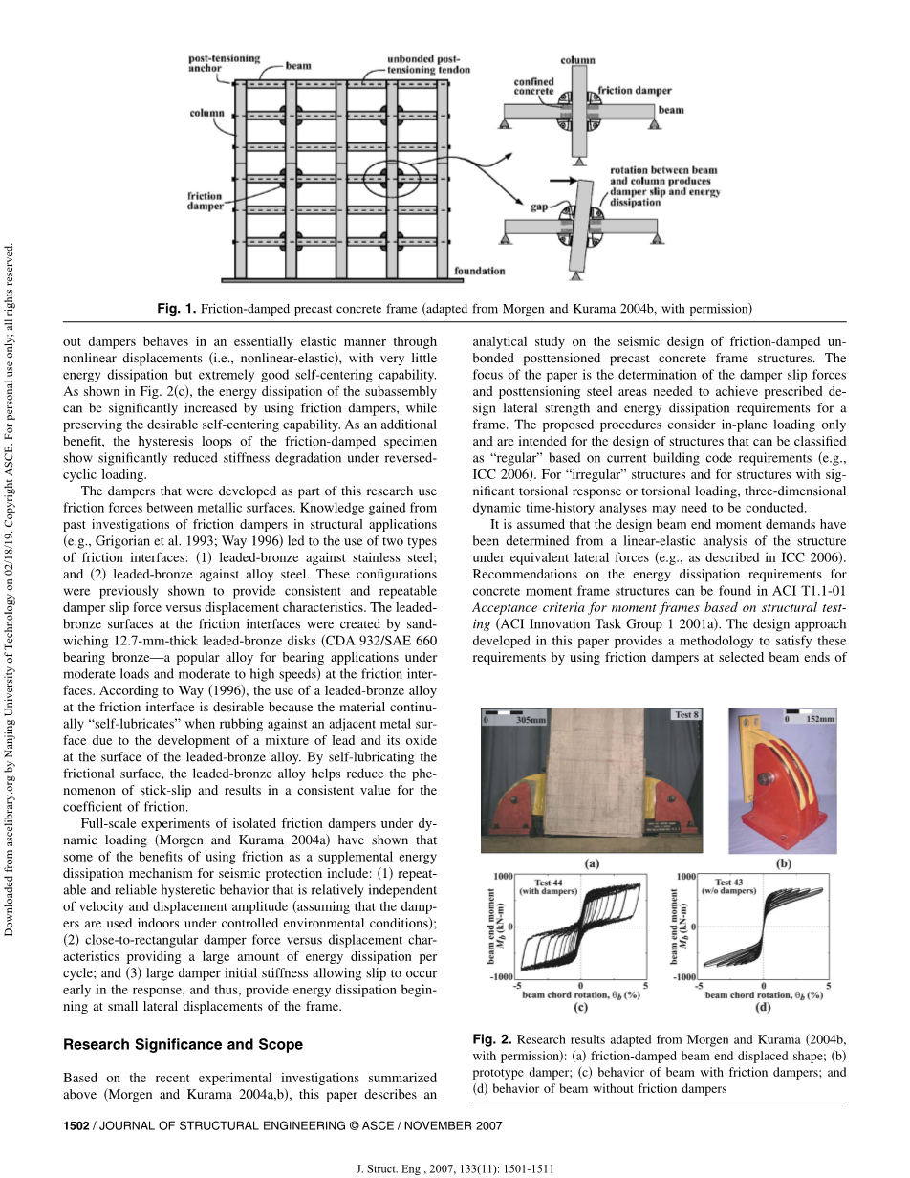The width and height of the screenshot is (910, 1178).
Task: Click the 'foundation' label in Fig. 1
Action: [479, 271]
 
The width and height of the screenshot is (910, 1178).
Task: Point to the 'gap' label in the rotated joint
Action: [513, 205]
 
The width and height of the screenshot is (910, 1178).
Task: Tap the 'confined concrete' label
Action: [533, 86]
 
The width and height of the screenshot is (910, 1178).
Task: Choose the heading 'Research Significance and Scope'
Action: [183, 1044]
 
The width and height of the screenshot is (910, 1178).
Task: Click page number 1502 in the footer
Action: [76, 1125]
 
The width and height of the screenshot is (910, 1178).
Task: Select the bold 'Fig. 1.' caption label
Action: [177, 308]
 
